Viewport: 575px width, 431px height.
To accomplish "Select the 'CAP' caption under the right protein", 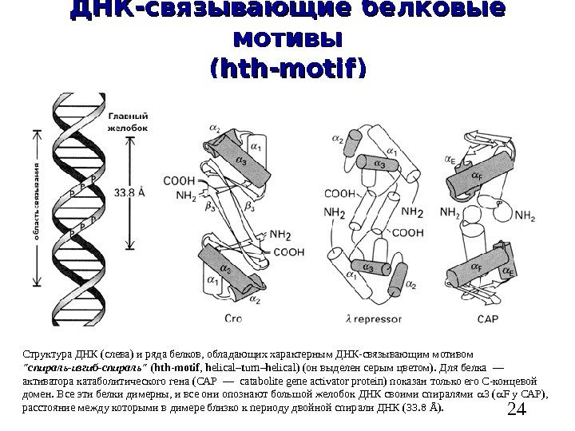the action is click(x=487, y=319).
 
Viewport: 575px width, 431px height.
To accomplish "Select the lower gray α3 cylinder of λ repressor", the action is click(x=369, y=267).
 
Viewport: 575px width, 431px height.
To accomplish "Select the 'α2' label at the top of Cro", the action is click(x=215, y=126).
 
